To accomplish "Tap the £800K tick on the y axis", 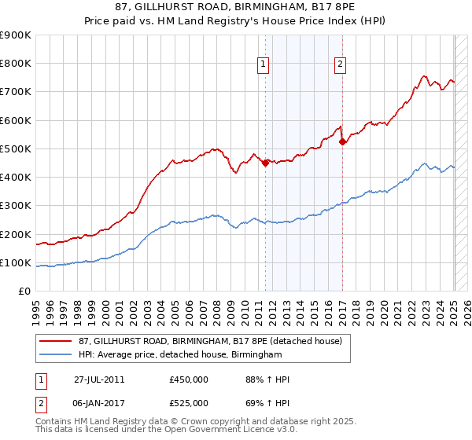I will pos(16,64).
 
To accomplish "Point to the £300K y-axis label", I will pos(16,206).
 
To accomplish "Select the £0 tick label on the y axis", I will pos(24,291).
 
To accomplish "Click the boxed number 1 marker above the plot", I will pos(262,65).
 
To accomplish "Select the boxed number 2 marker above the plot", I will pos(340,65).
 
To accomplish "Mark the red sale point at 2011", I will pos(266,163).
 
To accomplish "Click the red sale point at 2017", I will pos(343,142).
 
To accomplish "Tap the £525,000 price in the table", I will pos(189,403).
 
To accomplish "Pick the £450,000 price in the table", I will pos(189,379).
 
